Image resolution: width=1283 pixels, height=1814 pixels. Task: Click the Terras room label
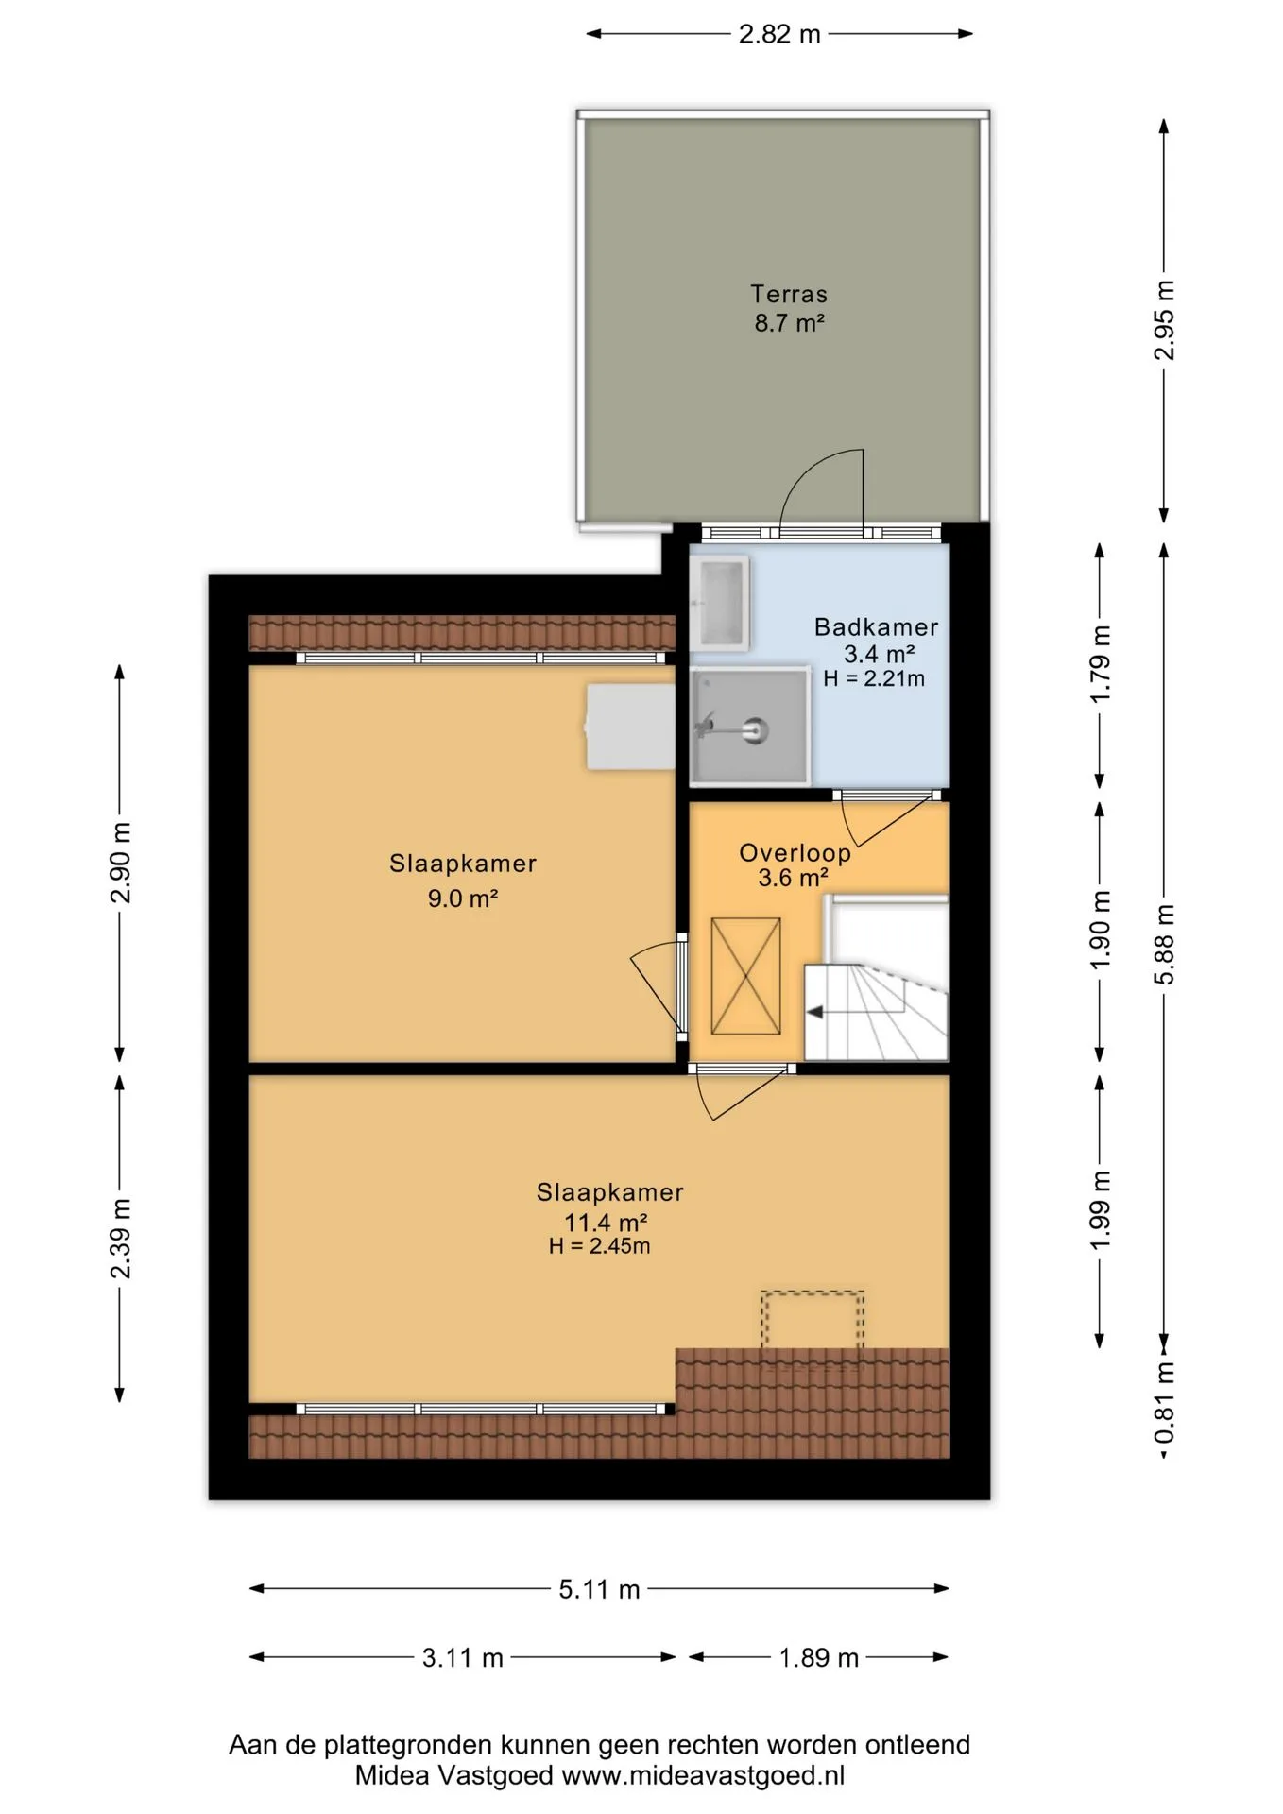tap(789, 294)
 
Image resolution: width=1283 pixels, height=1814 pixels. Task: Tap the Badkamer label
tap(876, 626)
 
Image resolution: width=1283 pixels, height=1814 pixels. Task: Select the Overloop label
tap(795, 853)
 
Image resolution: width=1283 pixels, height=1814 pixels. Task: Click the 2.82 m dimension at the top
tap(779, 34)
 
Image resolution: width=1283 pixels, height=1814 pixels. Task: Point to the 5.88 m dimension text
tap(1165, 944)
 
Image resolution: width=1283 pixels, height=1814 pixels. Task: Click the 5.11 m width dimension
tap(599, 1589)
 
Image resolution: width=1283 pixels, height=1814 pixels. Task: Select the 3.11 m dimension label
tap(463, 1657)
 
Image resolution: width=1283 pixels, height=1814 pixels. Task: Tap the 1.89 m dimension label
tap(818, 1657)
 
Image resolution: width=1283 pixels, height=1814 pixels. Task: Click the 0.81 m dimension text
tap(1165, 1402)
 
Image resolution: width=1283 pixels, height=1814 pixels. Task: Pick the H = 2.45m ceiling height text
tap(599, 1246)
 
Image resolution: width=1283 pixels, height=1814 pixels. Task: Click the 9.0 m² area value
tap(463, 898)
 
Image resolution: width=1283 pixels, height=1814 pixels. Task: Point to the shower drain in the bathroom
tap(754, 729)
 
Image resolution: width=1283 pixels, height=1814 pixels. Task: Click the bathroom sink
tap(720, 599)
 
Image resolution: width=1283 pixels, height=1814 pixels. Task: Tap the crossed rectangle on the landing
tap(745, 976)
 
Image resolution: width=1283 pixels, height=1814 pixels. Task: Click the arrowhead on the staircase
tap(813, 1013)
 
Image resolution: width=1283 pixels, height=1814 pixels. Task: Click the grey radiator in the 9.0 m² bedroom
tap(630, 727)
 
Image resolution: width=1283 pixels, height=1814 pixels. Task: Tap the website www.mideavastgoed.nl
tap(703, 1775)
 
